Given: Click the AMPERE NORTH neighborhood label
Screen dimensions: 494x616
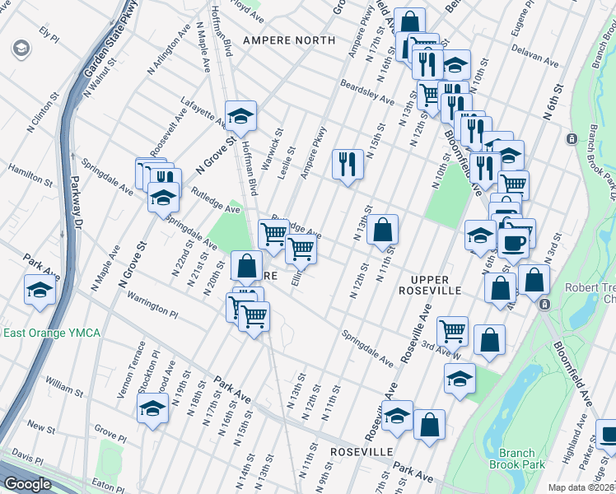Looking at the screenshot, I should (x=288, y=40).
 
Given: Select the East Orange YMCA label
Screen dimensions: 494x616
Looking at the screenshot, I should (x=52, y=333).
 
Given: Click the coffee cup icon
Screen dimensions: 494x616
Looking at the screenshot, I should (x=515, y=243).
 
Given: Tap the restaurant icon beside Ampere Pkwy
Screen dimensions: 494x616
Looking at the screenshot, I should (x=348, y=163).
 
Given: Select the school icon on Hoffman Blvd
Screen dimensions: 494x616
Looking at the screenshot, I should (x=241, y=116).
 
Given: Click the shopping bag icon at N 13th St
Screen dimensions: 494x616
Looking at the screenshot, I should (x=383, y=229).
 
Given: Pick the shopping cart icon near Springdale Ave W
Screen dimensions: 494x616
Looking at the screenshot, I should (x=452, y=330).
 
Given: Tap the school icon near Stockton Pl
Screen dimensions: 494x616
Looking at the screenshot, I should (x=152, y=410).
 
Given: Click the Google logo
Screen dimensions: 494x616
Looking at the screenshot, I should (x=28, y=484).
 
